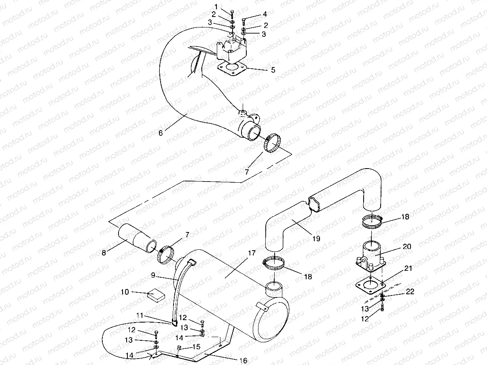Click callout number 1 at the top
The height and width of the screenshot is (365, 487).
(216, 6)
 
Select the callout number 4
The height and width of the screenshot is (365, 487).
(265, 14)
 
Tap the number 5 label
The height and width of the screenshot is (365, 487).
(273, 70)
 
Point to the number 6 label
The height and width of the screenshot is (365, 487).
(161, 133)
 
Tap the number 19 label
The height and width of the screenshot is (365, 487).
(316, 239)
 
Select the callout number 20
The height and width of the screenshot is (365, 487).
(407, 246)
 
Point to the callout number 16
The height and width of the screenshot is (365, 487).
(243, 360)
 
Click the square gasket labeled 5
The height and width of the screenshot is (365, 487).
(232, 70)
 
